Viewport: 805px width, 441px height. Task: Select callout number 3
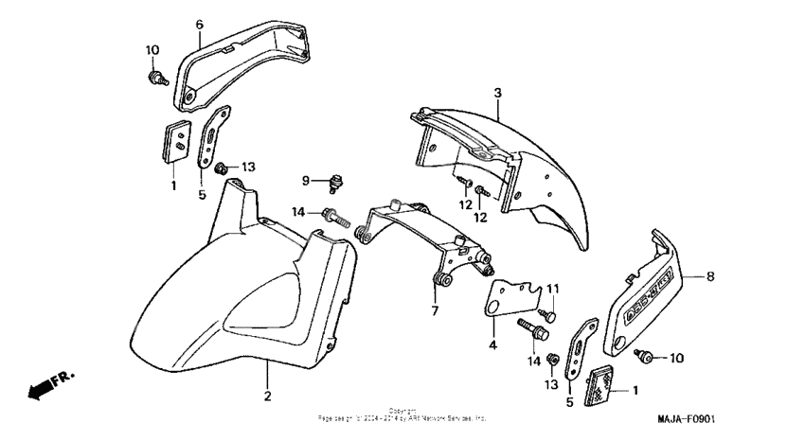click(x=496, y=92)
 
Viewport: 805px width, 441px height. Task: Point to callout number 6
click(x=199, y=24)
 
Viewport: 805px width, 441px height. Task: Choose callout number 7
click(x=435, y=309)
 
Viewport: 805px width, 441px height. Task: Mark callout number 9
click(x=306, y=180)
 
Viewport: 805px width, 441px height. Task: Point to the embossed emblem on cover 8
click(x=653, y=283)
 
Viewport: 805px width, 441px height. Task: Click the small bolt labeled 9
click(x=335, y=180)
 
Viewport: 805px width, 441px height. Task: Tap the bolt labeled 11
click(x=548, y=313)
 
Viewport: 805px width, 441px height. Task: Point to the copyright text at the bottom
click(x=402, y=415)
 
